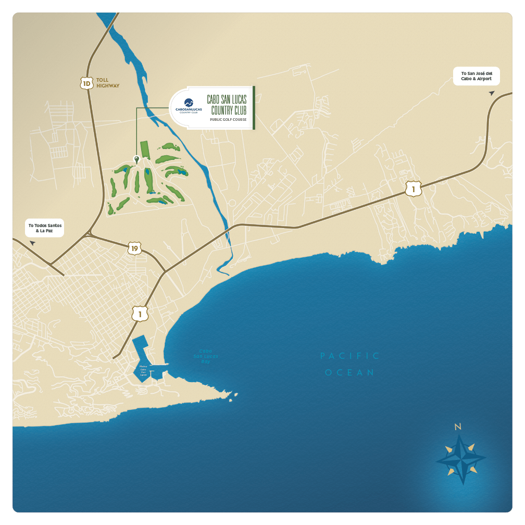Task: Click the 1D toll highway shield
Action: [x=86, y=83]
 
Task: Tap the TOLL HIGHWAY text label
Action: [x=108, y=83]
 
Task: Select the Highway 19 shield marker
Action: [x=134, y=248]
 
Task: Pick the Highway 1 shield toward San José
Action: [x=413, y=190]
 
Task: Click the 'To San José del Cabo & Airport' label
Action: [x=477, y=76]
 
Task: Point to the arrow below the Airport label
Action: [x=491, y=93]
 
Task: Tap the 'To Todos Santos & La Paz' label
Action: [x=45, y=228]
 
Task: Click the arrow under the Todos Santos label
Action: [x=32, y=243]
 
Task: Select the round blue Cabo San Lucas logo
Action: [x=189, y=102]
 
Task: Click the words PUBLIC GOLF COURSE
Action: [x=228, y=120]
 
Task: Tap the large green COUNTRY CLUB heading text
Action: [x=227, y=104]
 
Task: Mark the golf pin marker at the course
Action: [x=136, y=159]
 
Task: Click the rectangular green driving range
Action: [x=144, y=150]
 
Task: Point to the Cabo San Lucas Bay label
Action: [x=206, y=356]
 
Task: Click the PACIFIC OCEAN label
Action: [x=350, y=364]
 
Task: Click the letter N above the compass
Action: [x=458, y=427]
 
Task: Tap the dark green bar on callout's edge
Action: [x=254, y=107]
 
